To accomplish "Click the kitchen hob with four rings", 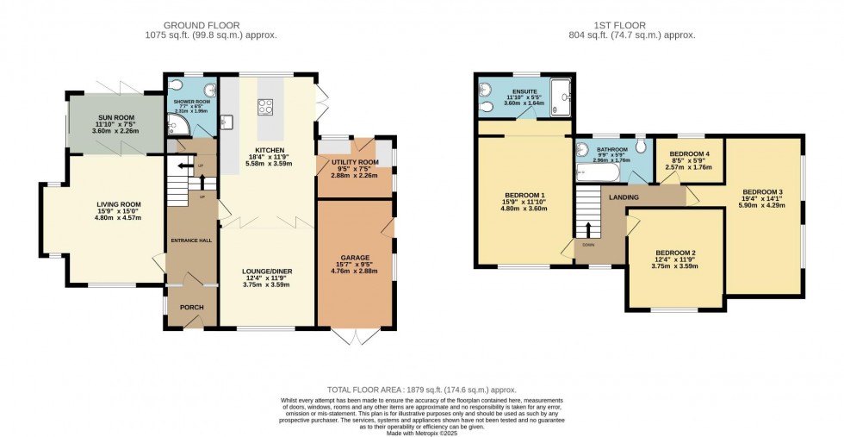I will click(x=265, y=108).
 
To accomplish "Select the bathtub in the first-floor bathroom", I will click(x=593, y=173).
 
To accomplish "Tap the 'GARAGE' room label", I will click(x=354, y=258).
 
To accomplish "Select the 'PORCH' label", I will click(x=191, y=307).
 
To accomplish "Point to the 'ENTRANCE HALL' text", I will click(x=190, y=240).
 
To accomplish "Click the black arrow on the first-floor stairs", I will click(x=589, y=229).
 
